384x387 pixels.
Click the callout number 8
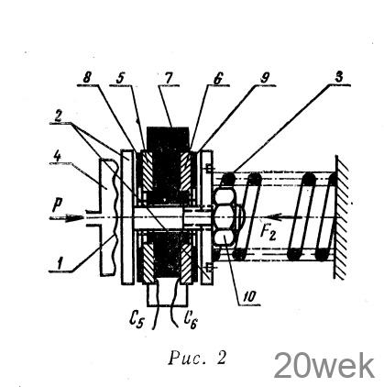[x=87, y=78]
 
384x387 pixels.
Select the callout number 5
[x=120, y=78]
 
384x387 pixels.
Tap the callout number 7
[x=168, y=78]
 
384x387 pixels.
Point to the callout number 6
[x=218, y=79]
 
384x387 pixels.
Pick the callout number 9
[x=265, y=79]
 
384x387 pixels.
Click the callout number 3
[x=338, y=77]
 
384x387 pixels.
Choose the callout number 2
[x=59, y=116]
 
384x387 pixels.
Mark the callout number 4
[x=57, y=157]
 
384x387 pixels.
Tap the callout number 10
[x=249, y=297]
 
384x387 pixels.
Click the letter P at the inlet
[x=57, y=205]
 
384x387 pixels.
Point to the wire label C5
[x=136, y=319]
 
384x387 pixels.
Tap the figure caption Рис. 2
[x=197, y=358]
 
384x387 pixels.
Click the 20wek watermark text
[x=324, y=365]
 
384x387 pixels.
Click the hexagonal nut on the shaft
[x=225, y=217]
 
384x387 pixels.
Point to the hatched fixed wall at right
[x=341, y=217]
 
